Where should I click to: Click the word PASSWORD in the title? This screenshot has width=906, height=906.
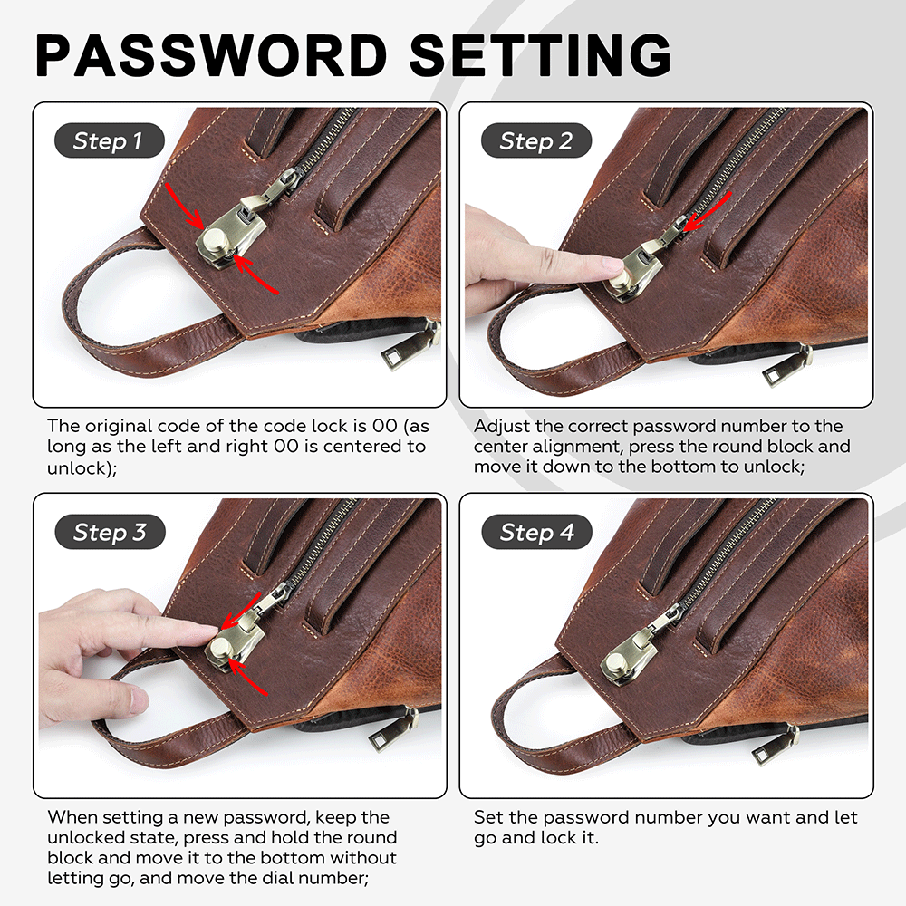pyautogui.click(x=211, y=55)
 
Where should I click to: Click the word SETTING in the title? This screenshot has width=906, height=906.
pyautogui.click(x=540, y=55)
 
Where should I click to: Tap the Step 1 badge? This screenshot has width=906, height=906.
pyautogui.click(x=110, y=140)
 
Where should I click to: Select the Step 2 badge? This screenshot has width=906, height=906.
pyautogui.click(x=536, y=140)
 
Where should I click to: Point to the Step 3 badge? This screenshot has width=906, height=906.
pyautogui.click(x=110, y=532)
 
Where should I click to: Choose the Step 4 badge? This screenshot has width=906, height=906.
pyautogui.click(x=536, y=532)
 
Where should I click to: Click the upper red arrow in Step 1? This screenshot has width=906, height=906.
pyautogui.click(x=183, y=205)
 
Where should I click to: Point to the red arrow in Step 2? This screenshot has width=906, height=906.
pyautogui.click(x=707, y=210)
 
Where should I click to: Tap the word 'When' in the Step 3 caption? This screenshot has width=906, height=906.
pyautogui.click(x=72, y=817)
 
